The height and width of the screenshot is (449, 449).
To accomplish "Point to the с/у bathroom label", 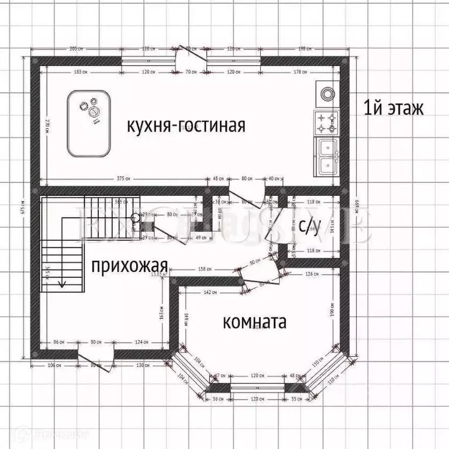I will click(309, 227).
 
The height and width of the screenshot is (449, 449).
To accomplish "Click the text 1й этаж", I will click(393, 109).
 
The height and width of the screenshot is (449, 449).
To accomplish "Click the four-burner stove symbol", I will click(326, 123).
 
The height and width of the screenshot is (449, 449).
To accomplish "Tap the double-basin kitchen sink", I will click(327, 156).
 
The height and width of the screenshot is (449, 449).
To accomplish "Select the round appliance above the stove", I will click(325, 93).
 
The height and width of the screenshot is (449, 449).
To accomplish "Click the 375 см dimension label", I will click(123, 178).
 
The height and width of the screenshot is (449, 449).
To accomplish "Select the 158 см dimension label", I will click(205, 270).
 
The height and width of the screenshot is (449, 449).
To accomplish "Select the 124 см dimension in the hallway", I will click(140, 341).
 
